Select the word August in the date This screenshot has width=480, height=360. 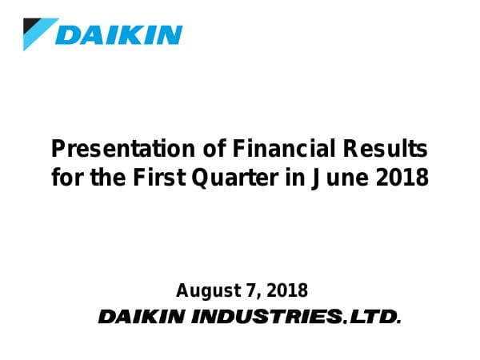[x=204, y=290]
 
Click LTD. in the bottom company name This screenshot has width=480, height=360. [x=375, y=318]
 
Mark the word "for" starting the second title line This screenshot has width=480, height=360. [x=66, y=177]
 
